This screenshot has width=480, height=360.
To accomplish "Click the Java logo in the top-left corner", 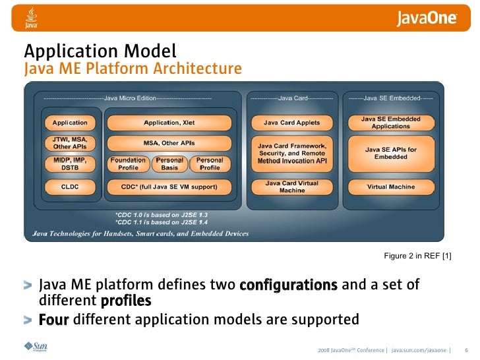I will coord(31,18).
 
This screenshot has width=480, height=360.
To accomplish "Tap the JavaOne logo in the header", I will coord(427,18).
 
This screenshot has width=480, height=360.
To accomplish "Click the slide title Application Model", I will coord(100,51).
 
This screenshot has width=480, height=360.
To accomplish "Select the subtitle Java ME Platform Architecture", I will coord(133,69).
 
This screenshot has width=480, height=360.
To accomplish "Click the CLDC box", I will coord(70,187).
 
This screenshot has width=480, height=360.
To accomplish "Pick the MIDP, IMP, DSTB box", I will coord(70,164).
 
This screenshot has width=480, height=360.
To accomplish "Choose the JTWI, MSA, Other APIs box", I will coord(70,143).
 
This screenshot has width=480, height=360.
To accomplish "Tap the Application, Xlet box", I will coord(169,123).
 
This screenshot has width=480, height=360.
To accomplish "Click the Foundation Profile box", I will coord(128,164).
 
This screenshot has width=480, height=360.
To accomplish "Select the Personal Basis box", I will coord(169,164).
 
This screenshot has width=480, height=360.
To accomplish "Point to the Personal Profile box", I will coord(210,164).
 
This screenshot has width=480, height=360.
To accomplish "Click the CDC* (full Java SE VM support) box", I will coord(169,187).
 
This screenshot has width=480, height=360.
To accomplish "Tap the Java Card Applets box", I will coord(291,123).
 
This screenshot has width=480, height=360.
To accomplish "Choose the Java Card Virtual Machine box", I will coord(291,187).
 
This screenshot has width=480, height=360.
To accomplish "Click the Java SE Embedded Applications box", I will coord(391,123).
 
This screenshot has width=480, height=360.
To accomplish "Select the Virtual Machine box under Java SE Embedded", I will coord(391,187).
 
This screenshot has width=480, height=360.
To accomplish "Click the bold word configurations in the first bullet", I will coord(289,285).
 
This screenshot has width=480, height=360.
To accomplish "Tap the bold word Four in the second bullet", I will coord(54,320).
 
